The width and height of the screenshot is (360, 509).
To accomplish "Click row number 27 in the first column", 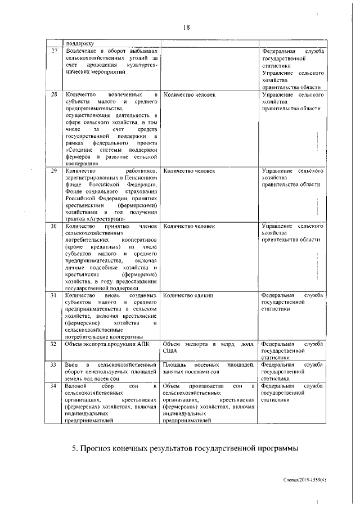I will point(54,51).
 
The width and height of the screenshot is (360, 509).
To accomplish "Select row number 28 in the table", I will point(54,94).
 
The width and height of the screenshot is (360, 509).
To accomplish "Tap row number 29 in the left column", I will point(54,169).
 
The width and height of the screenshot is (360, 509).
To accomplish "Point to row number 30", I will point(54,226).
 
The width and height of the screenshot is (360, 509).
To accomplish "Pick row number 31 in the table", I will point(54,295).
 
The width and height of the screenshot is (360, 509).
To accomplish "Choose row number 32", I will point(54,343).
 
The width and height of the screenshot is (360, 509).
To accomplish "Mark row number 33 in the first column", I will point(54,365).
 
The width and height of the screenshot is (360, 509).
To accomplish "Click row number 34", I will point(54,386).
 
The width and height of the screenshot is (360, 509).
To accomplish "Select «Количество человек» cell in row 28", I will point(189,94).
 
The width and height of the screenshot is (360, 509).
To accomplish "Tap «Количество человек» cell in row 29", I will point(189,169).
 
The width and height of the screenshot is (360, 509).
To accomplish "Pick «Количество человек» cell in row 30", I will point(189,226).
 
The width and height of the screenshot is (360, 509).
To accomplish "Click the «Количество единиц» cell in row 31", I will point(188,295).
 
